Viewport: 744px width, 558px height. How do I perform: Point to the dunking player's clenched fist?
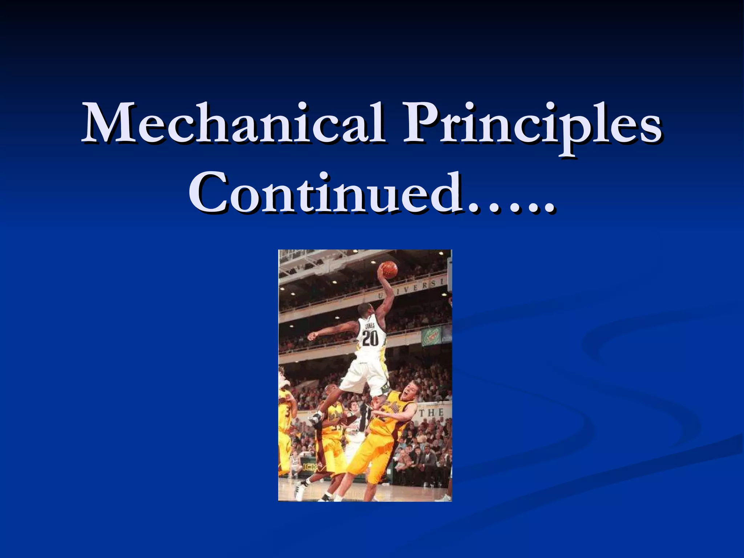click(x=311, y=336)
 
